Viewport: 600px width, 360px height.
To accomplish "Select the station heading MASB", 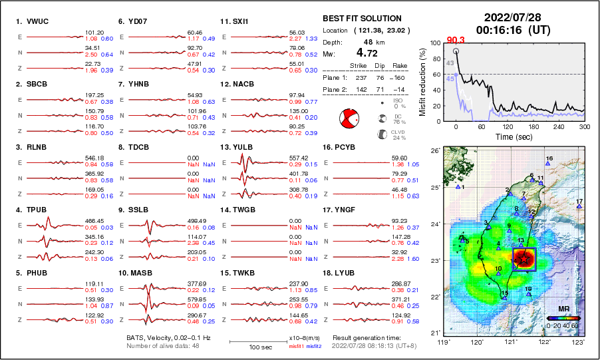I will coord(138,273).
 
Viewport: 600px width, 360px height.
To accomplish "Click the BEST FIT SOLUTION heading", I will coord(362,19).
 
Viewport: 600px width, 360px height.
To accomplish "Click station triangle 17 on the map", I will coord(579,206).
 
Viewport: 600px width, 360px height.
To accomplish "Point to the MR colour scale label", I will coord(563,309).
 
